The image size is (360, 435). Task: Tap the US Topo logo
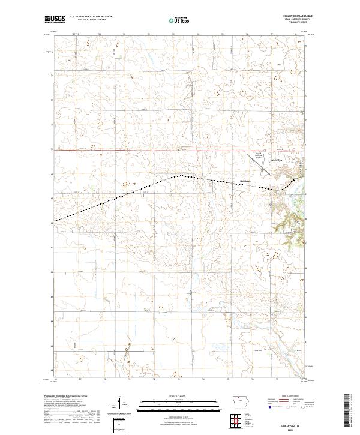[x=180, y=20]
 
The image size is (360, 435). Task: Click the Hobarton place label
[x=244, y=181]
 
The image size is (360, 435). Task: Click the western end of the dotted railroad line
[x=55, y=221]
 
